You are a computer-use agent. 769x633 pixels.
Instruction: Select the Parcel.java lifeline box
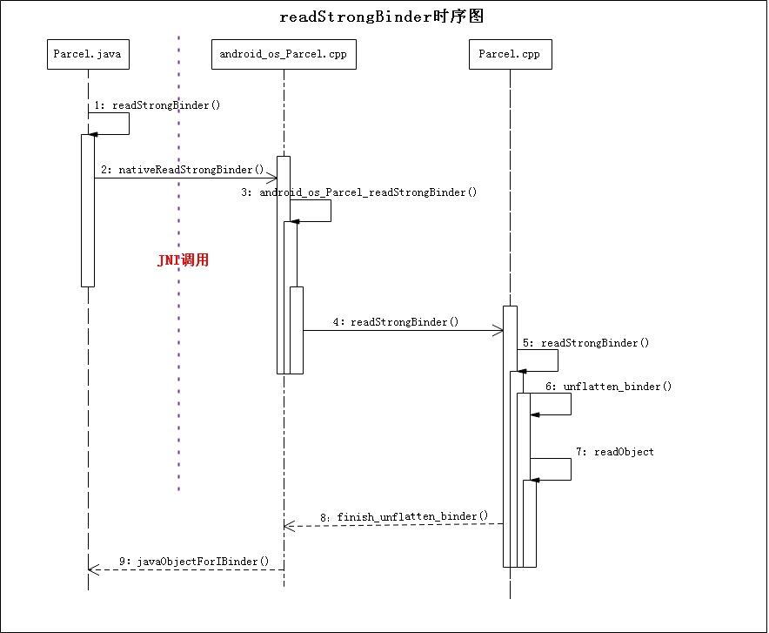pyautogui.click(x=88, y=55)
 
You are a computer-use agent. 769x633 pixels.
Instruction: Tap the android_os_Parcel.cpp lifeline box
pyautogui.click(x=284, y=55)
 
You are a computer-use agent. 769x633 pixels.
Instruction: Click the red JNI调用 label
pyautogui.click(x=183, y=260)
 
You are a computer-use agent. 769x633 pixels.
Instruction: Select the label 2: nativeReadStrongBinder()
pyautogui.click(x=182, y=169)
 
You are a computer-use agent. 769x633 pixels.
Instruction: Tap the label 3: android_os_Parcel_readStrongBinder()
pyautogui.click(x=359, y=192)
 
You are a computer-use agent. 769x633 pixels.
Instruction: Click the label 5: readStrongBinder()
pyautogui.click(x=586, y=343)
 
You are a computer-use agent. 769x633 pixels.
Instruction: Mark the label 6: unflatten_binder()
pyautogui.click(x=609, y=387)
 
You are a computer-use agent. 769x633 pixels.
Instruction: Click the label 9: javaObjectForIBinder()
pyautogui.click(x=191, y=562)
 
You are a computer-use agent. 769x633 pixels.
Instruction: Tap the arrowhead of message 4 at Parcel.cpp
pyautogui.click(x=498, y=330)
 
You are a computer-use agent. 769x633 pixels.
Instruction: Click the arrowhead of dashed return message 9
pyautogui.click(x=93, y=570)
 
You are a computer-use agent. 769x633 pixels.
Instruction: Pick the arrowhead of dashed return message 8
pyautogui.click(x=289, y=525)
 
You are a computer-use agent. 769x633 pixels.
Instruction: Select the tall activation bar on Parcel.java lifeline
pyautogui.click(x=88, y=210)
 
